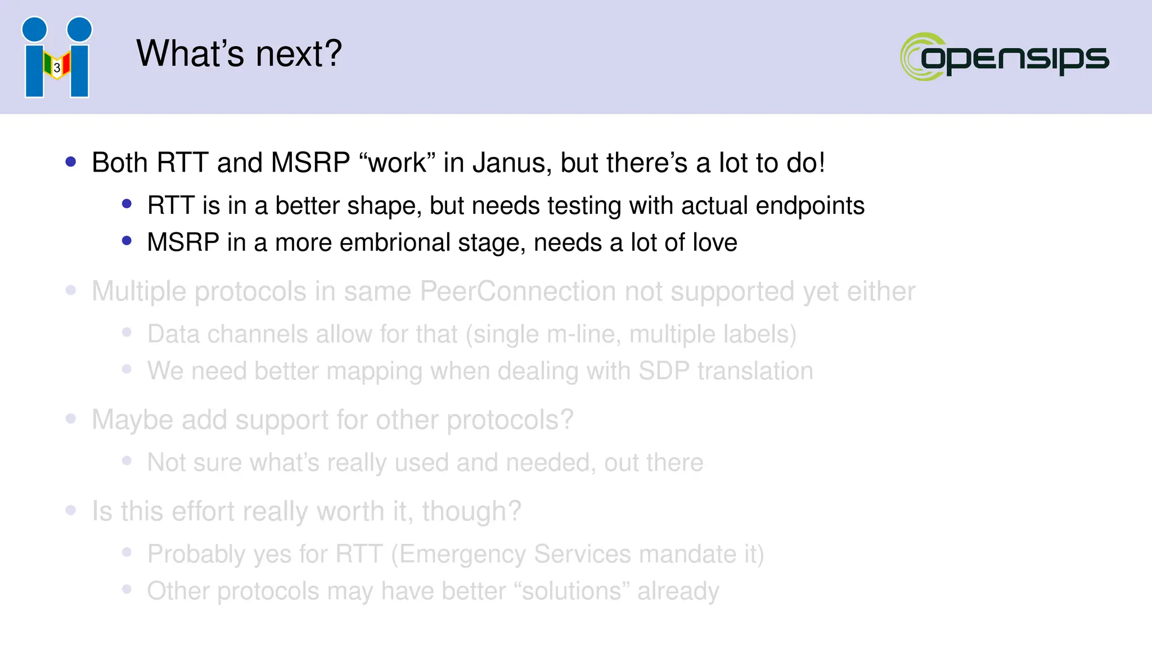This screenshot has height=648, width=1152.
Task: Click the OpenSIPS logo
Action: pos(1004,57)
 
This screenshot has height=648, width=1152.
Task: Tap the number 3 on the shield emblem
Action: pos(57,67)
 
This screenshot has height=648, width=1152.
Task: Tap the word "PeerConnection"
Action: pos(517,291)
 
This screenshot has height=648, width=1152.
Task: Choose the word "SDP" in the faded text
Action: pos(664,371)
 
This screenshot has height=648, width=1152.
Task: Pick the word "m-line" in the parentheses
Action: pos(583,334)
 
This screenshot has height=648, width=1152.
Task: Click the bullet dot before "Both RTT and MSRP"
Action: pos(71,162)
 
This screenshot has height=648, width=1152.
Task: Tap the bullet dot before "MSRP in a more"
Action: pos(127,241)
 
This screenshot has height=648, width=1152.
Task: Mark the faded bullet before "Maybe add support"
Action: pos(71,419)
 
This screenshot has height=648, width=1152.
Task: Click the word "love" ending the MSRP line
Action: pos(714,242)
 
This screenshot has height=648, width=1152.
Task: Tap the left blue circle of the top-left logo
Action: pos(34,29)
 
